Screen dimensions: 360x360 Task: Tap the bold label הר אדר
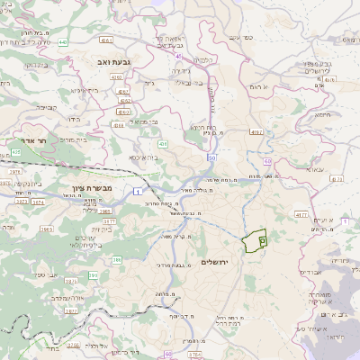(33, 142)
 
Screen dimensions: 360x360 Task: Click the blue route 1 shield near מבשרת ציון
(136, 192)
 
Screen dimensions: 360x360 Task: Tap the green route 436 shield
(163, 144)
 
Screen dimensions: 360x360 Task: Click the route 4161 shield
(107, 40)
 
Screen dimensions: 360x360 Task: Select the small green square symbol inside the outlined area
(262, 240)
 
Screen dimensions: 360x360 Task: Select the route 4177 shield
(301, 216)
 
